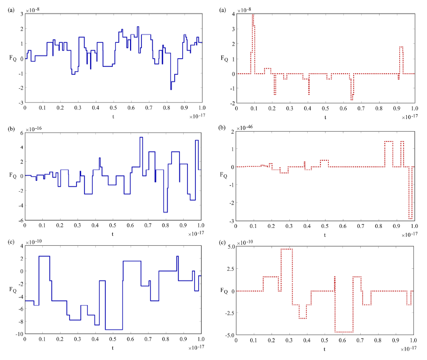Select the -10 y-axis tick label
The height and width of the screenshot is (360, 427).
coord(17,334)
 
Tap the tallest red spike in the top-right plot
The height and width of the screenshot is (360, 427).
coord(253,16)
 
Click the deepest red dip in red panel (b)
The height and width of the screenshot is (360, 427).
coord(411,219)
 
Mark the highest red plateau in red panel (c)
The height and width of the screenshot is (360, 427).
coord(286,249)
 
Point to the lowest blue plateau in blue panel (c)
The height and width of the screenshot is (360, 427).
coord(114,329)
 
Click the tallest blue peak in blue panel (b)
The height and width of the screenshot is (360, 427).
coord(141,138)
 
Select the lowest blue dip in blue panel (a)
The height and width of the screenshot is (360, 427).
coord(171,89)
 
